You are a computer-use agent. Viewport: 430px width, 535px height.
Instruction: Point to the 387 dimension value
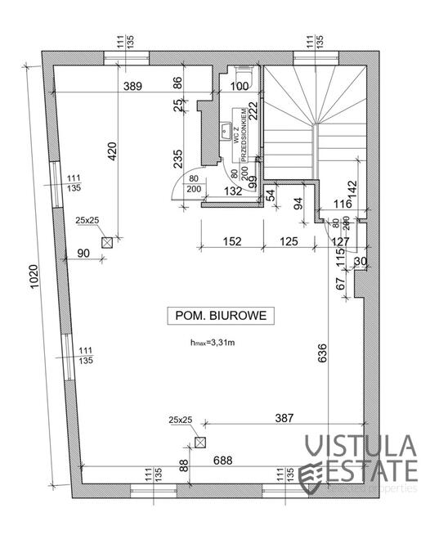tap(283, 417)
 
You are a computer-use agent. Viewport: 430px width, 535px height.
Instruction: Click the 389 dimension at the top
tap(135, 85)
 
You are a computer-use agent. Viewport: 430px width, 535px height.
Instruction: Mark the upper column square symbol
tap(106, 241)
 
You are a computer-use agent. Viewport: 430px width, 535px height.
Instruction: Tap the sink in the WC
tap(224, 131)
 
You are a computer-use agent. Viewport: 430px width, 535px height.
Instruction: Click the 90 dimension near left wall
tap(83, 253)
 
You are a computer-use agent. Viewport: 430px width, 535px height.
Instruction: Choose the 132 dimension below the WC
tap(233, 191)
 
